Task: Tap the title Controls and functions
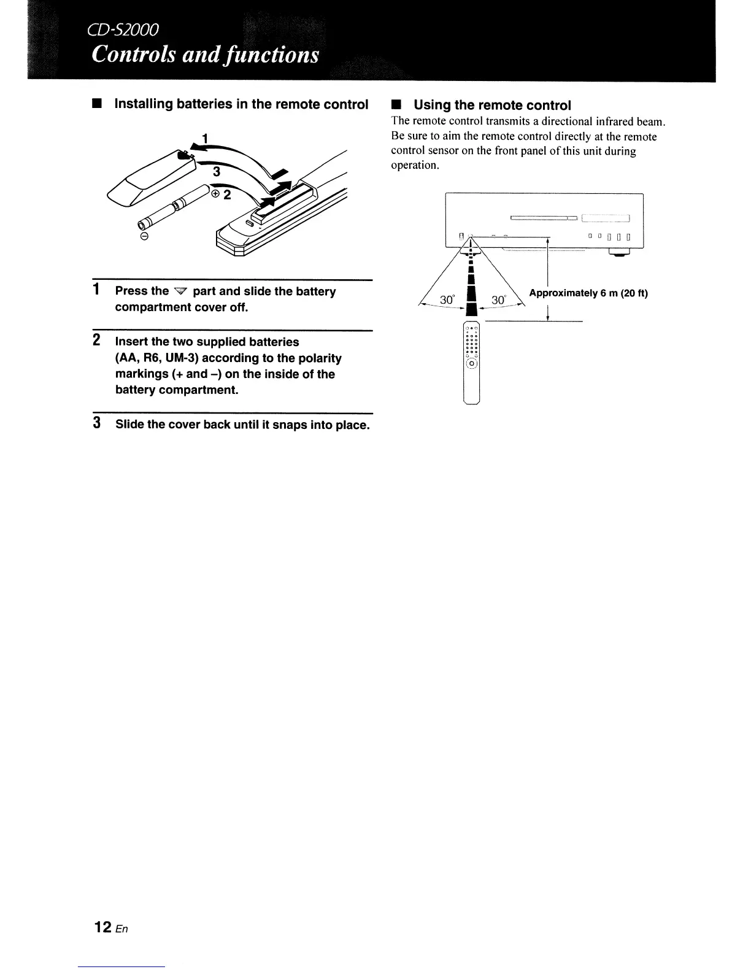click(206, 55)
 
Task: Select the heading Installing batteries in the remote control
click(242, 104)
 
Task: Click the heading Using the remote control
click(492, 105)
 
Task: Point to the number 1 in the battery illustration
click(206, 137)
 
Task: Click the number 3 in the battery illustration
click(215, 171)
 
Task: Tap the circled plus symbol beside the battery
click(215, 194)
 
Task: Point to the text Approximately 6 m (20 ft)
click(588, 293)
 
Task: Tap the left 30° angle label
click(447, 300)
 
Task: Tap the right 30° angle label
click(499, 300)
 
